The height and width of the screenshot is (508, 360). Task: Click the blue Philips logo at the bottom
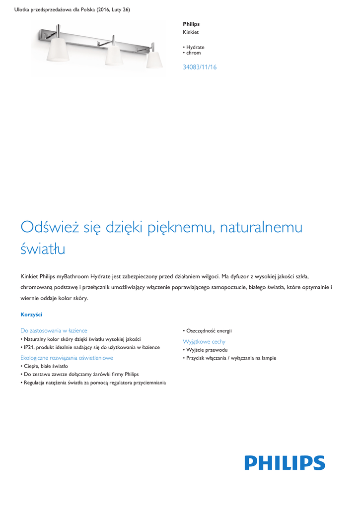pos(285,463)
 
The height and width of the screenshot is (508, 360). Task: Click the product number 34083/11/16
pos(200,67)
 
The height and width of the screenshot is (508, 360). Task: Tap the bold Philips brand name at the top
pos(191,24)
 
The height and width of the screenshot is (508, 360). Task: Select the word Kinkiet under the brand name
pos(191,32)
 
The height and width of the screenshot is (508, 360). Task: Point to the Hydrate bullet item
pos(195,48)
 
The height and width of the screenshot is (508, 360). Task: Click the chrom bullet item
pos(194,53)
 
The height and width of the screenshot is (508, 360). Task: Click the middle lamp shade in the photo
pos(114,55)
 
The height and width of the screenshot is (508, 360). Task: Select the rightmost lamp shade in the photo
pos(154,60)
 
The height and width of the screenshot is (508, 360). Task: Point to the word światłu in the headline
pos(43,249)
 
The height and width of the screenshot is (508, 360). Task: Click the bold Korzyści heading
pos(31,315)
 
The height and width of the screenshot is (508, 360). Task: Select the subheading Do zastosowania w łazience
pos(54,330)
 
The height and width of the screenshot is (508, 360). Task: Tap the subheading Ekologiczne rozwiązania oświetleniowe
pos(67,358)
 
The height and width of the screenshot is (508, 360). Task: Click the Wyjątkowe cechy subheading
pos(204,342)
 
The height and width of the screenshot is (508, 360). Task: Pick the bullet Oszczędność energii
pos(209,330)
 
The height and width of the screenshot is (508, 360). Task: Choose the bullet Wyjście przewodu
pos(207,350)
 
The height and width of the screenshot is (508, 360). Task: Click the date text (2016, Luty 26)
pos(113,10)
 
